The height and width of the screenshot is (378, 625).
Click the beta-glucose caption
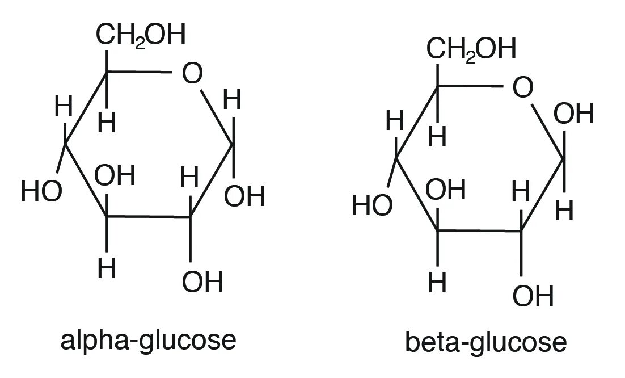pyautogui.click(x=485, y=343)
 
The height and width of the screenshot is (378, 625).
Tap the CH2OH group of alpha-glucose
pyautogui.click(x=141, y=35)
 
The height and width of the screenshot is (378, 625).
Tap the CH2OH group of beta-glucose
pyautogui.click(x=472, y=49)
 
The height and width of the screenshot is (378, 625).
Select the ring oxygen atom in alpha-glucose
pyautogui.click(x=192, y=74)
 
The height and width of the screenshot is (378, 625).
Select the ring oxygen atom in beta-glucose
pyautogui.click(x=523, y=88)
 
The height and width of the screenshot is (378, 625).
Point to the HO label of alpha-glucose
pyautogui.click(x=41, y=192)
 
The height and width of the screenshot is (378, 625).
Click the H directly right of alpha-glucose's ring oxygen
pyautogui.click(x=232, y=101)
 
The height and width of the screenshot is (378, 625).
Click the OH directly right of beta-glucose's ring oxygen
pyautogui.click(x=574, y=115)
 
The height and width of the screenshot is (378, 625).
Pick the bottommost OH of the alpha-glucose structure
pyautogui.click(x=203, y=282)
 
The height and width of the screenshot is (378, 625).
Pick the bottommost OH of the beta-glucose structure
pyautogui.click(x=533, y=295)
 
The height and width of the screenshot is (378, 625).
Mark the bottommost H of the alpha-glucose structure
pyautogui.click(x=106, y=268)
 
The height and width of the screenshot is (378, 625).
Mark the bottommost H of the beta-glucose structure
pyautogui.click(x=437, y=282)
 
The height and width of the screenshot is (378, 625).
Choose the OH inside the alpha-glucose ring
pyautogui.click(x=115, y=177)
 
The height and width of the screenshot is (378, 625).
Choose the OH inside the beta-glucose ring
pyautogui.click(x=446, y=190)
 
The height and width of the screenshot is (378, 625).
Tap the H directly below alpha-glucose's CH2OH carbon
pyautogui.click(x=106, y=122)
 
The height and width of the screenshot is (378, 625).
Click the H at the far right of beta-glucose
pyautogui.click(x=565, y=211)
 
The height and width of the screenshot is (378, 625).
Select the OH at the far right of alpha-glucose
pyautogui.click(x=244, y=197)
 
